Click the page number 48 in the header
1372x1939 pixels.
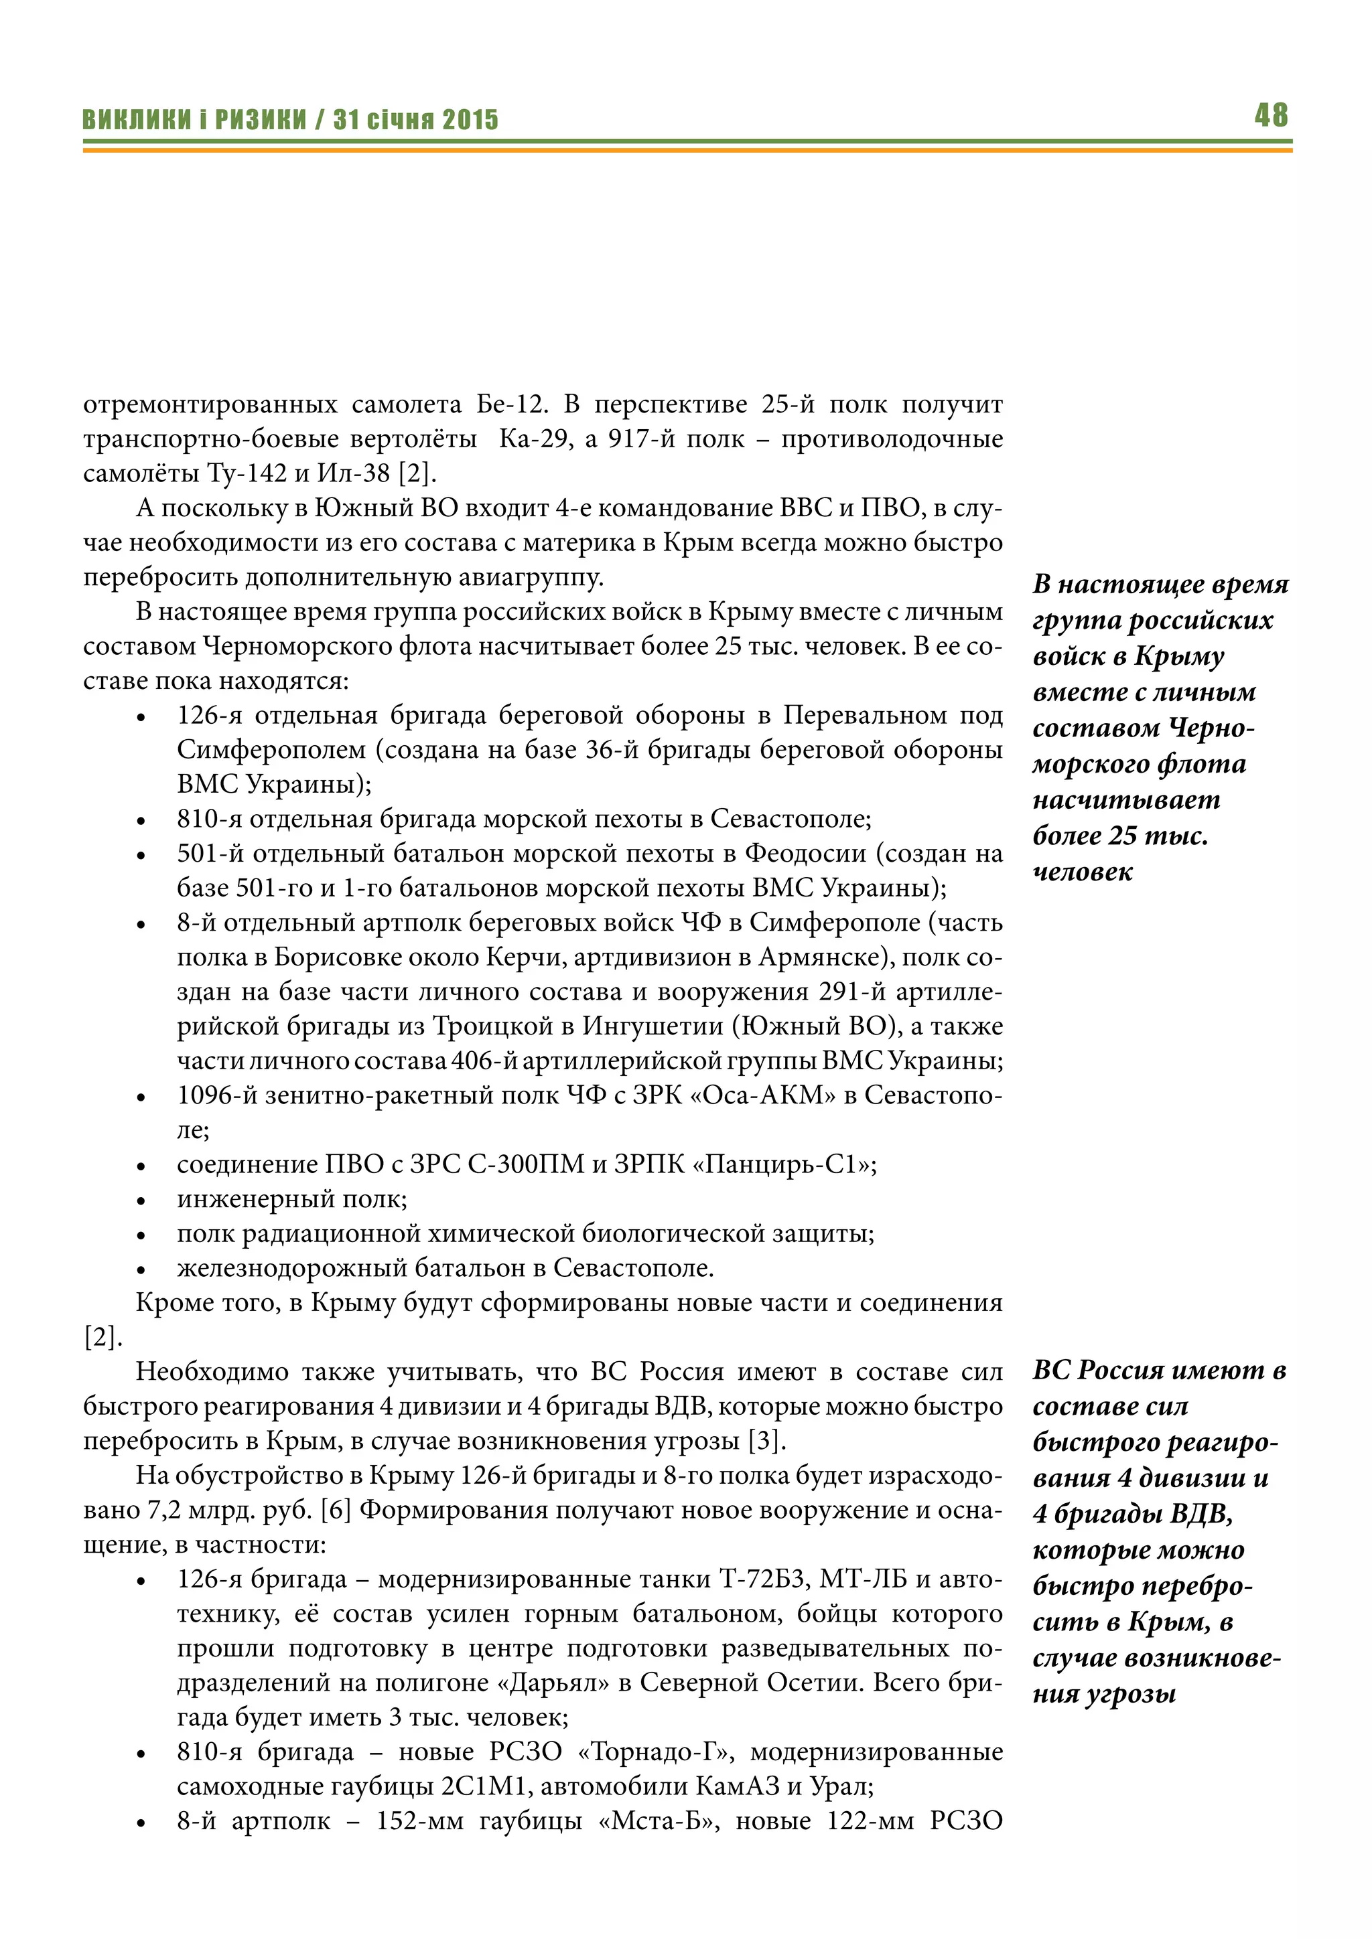click(x=1271, y=115)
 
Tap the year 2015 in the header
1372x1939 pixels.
click(x=470, y=120)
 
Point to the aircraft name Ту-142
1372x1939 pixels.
click(x=247, y=474)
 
